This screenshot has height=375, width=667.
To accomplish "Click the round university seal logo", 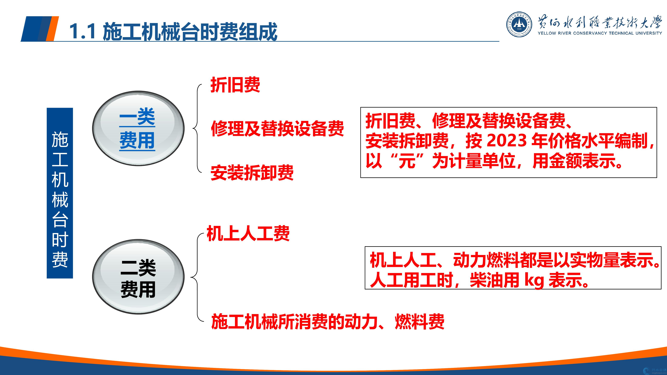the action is pos(519,24).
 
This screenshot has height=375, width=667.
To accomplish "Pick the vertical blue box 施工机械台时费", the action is pos(60,193).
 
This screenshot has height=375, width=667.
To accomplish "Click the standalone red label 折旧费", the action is pos(235,85).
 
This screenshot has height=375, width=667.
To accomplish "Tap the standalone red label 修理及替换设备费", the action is pos(277,129).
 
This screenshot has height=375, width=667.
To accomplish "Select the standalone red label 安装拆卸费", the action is pos(252,173).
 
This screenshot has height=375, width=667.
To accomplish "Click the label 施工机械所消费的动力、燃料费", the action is pos(328,322).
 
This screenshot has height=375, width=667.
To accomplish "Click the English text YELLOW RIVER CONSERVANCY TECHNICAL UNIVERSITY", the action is pos(600,33).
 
